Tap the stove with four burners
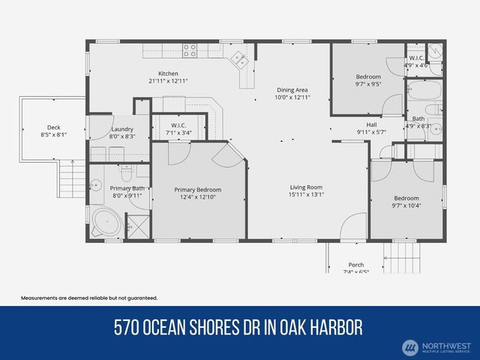190,51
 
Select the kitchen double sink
241,57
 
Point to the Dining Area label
292,89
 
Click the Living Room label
307,187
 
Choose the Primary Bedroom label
198,190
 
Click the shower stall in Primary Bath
137,226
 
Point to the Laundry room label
121,129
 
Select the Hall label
371,124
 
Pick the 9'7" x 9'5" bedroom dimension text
367,85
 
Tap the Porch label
355,265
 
